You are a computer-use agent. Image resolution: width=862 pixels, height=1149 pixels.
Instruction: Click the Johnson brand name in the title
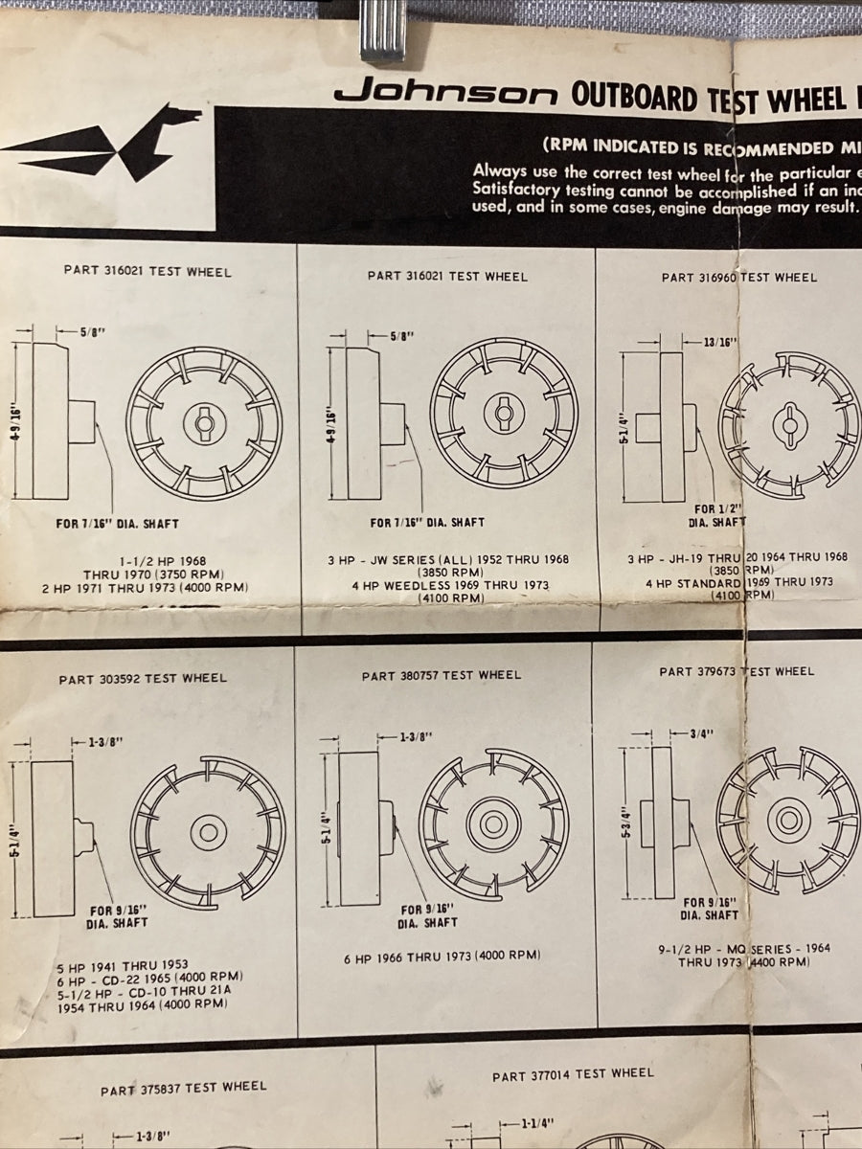pyautogui.click(x=445, y=94)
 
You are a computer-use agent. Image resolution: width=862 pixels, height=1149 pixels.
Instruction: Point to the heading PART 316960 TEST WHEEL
pyautogui.click(x=739, y=278)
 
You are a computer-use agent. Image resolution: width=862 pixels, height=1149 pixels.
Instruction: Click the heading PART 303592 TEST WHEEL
pyautogui.click(x=143, y=679)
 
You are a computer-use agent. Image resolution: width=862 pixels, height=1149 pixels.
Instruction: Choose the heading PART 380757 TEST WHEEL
pyautogui.click(x=442, y=676)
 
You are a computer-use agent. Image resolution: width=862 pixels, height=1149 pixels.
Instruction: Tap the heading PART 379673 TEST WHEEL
pyautogui.click(x=737, y=672)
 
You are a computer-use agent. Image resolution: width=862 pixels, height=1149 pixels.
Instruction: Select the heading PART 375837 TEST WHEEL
pyautogui.click(x=184, y=1089)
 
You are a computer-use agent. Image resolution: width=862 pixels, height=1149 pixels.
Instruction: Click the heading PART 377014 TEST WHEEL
pyautogui.click(x=573, y=1075)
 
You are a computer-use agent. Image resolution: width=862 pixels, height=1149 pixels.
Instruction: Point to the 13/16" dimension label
pyautogui.click(x=717, y=343)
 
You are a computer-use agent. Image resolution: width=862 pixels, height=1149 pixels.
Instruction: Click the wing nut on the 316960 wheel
pyautogui.click(x=790, y=422)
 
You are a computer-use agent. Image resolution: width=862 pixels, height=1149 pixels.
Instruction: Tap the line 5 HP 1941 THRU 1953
pyautogui.click(x=123, y=965)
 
